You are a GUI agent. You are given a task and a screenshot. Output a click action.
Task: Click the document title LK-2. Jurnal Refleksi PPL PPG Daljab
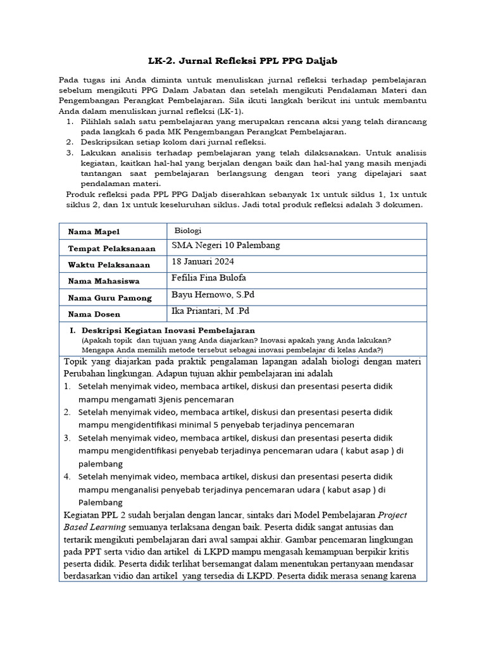(243, 61)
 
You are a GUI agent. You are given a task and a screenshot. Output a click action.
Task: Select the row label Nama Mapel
(94, 232)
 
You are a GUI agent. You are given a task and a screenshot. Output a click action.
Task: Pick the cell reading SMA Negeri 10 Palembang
(225, 246)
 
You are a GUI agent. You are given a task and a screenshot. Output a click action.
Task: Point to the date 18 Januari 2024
(203, 262)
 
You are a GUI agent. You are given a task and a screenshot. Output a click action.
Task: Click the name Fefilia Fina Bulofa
(209, 278)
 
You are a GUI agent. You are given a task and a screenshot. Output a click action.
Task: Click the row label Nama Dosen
(94, 315)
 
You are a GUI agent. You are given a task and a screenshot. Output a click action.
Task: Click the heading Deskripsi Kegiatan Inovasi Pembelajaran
(168, 330)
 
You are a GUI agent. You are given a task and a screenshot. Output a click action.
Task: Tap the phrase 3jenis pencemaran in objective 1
(196, 399)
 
